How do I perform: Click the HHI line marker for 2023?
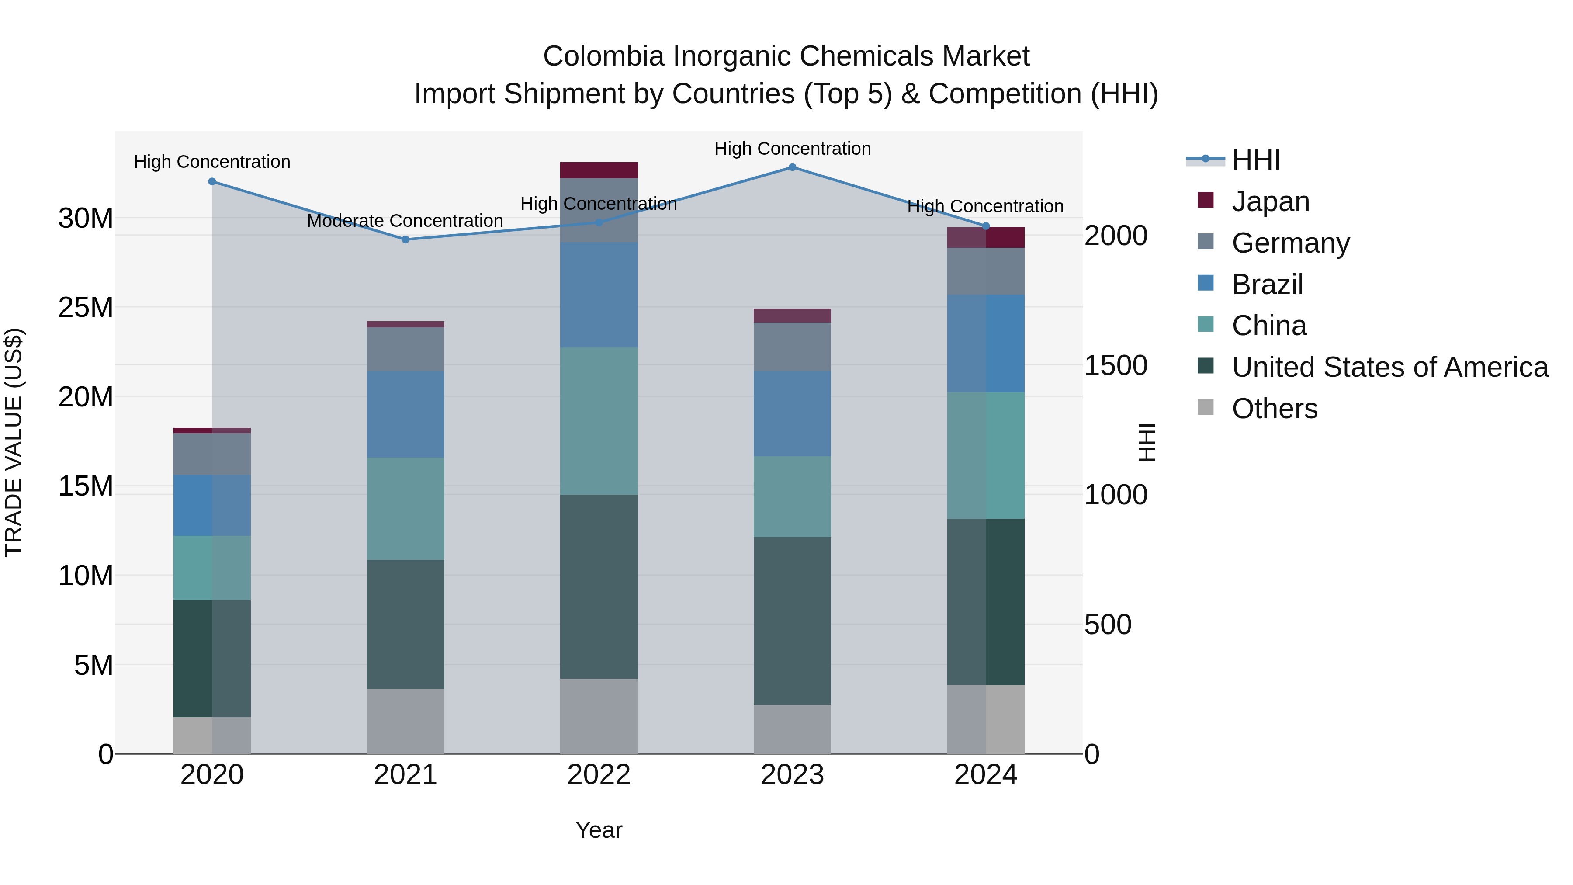792,167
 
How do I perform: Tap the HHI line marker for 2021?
405,239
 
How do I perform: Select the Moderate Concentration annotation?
405,221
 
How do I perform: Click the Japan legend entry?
1270,201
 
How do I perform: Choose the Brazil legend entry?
1267,285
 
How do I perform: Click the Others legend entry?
1275,409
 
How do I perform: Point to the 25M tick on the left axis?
86,307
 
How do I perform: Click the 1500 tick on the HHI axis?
1115,365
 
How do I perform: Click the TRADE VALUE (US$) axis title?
14,442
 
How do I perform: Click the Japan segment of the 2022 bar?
599,170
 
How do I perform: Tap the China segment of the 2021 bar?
405,509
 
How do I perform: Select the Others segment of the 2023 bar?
792,729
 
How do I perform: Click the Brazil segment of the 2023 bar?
792,413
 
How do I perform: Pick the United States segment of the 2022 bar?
599,587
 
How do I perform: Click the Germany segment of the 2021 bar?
405,349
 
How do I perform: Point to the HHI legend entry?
1255,160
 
